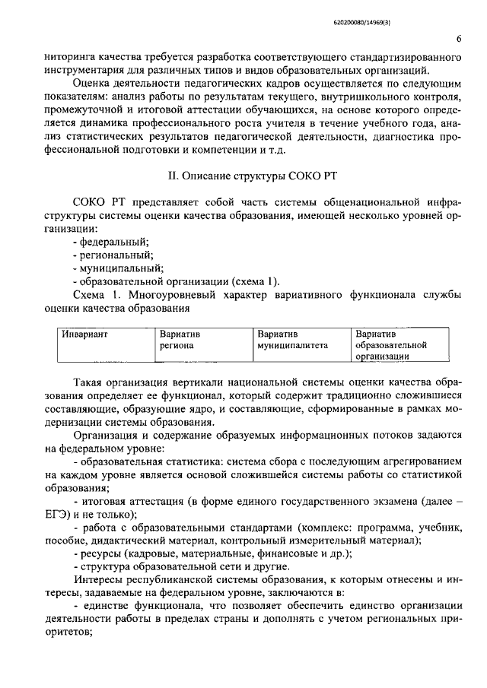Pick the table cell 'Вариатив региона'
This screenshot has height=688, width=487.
pos(179,339)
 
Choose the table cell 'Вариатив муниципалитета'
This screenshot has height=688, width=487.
pos(292,339)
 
